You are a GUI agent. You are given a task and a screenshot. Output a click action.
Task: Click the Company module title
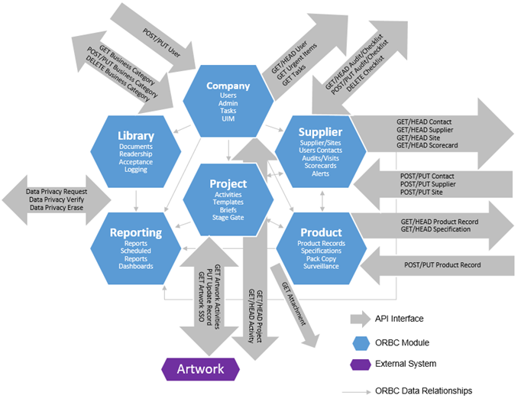coord(227,86)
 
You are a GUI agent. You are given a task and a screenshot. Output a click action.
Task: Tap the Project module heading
coord(228,184)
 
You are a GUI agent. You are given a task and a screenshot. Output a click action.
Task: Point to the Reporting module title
coord(135,232)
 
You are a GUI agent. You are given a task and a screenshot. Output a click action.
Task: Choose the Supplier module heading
coord(319,133)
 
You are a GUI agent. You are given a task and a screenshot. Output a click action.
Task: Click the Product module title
coord(320,232)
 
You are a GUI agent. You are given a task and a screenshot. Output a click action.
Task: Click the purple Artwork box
coord(201,369)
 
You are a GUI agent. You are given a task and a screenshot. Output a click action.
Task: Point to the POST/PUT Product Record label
coord(442,264)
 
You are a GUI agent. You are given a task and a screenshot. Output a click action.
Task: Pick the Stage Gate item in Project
coord(228,218)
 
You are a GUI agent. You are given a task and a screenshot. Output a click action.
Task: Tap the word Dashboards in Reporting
coord(135,266)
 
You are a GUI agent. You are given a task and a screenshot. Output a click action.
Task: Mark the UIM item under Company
coord(227,119)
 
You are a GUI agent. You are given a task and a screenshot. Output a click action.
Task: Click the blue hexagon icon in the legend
coord(358,342)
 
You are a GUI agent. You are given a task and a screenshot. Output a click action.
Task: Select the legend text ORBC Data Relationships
coord(424,390)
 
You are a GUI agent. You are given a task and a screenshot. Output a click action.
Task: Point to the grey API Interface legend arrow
coord(358,319)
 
